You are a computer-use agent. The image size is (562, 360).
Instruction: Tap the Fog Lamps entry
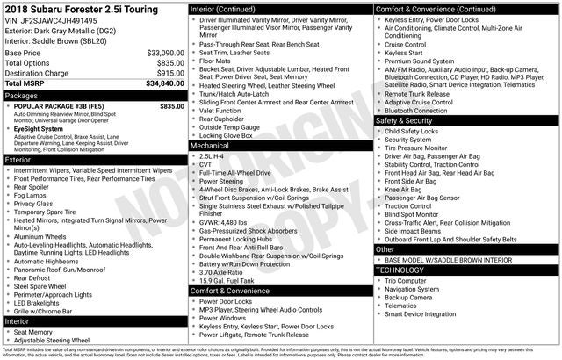click(32, 195)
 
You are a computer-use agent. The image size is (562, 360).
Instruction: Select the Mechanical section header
click(210, 145)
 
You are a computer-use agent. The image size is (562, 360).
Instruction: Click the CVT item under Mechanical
click(207, 163)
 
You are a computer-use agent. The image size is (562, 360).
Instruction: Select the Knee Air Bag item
click(403, 189)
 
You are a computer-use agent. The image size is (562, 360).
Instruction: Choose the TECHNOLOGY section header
click(400, 270)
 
